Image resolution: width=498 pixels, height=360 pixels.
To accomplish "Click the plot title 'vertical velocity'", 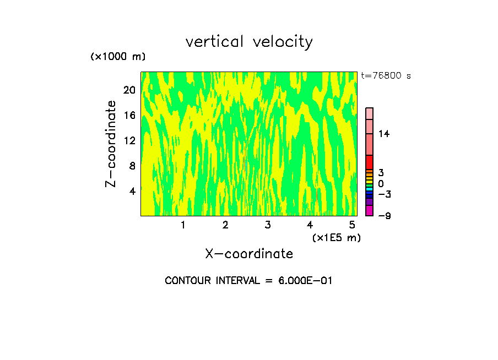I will coord(249,42).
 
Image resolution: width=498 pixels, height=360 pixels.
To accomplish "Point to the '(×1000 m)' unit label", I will coord(117,57).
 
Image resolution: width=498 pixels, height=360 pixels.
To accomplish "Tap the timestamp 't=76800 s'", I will coord(386,76).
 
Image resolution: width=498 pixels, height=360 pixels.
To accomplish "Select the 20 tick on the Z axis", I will coord(129,90).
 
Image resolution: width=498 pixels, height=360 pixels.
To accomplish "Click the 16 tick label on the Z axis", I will coord(129,115).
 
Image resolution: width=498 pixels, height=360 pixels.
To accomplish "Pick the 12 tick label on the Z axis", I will coord(129,140).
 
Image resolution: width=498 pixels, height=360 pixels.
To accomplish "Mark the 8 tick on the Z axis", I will coord(132,166).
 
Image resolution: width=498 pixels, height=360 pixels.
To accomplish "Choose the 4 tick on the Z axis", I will coord(132,191).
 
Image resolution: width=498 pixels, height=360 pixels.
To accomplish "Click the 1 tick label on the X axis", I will coord(183,225).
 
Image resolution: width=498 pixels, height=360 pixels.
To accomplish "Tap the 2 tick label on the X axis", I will coord(225,225).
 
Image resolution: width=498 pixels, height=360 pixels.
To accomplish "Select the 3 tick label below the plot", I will coord(267,225).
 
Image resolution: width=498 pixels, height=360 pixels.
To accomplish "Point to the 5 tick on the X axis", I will coord(352,225).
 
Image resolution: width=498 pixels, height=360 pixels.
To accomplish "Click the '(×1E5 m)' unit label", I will coord(336,237).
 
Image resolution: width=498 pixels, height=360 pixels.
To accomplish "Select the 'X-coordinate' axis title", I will coord(249,254).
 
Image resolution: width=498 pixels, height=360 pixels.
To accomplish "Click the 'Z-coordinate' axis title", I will coord(111,144).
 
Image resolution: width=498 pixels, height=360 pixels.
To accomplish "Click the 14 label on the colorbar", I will coord(384,134).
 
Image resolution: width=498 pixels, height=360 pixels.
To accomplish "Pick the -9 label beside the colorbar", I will coord(384,216).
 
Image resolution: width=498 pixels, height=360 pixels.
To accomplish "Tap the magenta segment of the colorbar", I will coord(369,210).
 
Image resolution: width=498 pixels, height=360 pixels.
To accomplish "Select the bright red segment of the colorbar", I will coord(369,162).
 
